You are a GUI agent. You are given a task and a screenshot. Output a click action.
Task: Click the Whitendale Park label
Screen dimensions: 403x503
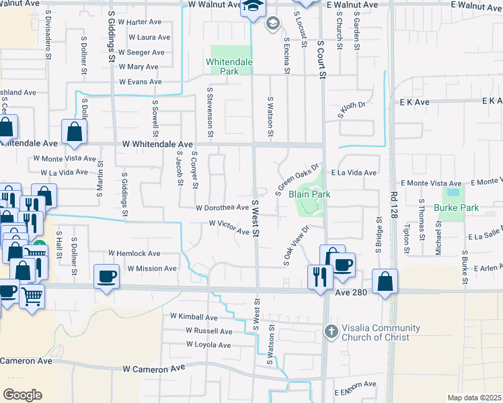(x=228, y=66)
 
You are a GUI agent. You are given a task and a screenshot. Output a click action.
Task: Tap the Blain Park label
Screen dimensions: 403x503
(x=309, y=194)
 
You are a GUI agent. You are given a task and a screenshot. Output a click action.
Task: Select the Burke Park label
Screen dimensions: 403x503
(x=456, y=208)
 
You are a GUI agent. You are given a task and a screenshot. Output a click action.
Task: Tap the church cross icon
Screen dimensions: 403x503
(x=330, y=331)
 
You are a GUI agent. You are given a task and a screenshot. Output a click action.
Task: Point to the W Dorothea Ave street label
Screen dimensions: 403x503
(x=222, y=208)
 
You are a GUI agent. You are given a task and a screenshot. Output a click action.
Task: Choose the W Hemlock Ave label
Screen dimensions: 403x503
(x=134, y=254)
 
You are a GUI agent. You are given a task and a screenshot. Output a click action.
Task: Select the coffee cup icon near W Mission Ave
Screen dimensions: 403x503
(x=106, y=275)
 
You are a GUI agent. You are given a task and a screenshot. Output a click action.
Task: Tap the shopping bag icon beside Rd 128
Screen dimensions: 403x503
(x=385, y=282)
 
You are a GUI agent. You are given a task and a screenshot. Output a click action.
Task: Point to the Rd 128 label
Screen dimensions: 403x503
(x=392, y=205)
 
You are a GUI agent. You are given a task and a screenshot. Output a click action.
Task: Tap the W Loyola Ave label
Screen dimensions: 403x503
(x=208, y=345)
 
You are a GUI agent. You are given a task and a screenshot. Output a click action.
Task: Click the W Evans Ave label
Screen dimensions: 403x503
(x=141, y=82)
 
